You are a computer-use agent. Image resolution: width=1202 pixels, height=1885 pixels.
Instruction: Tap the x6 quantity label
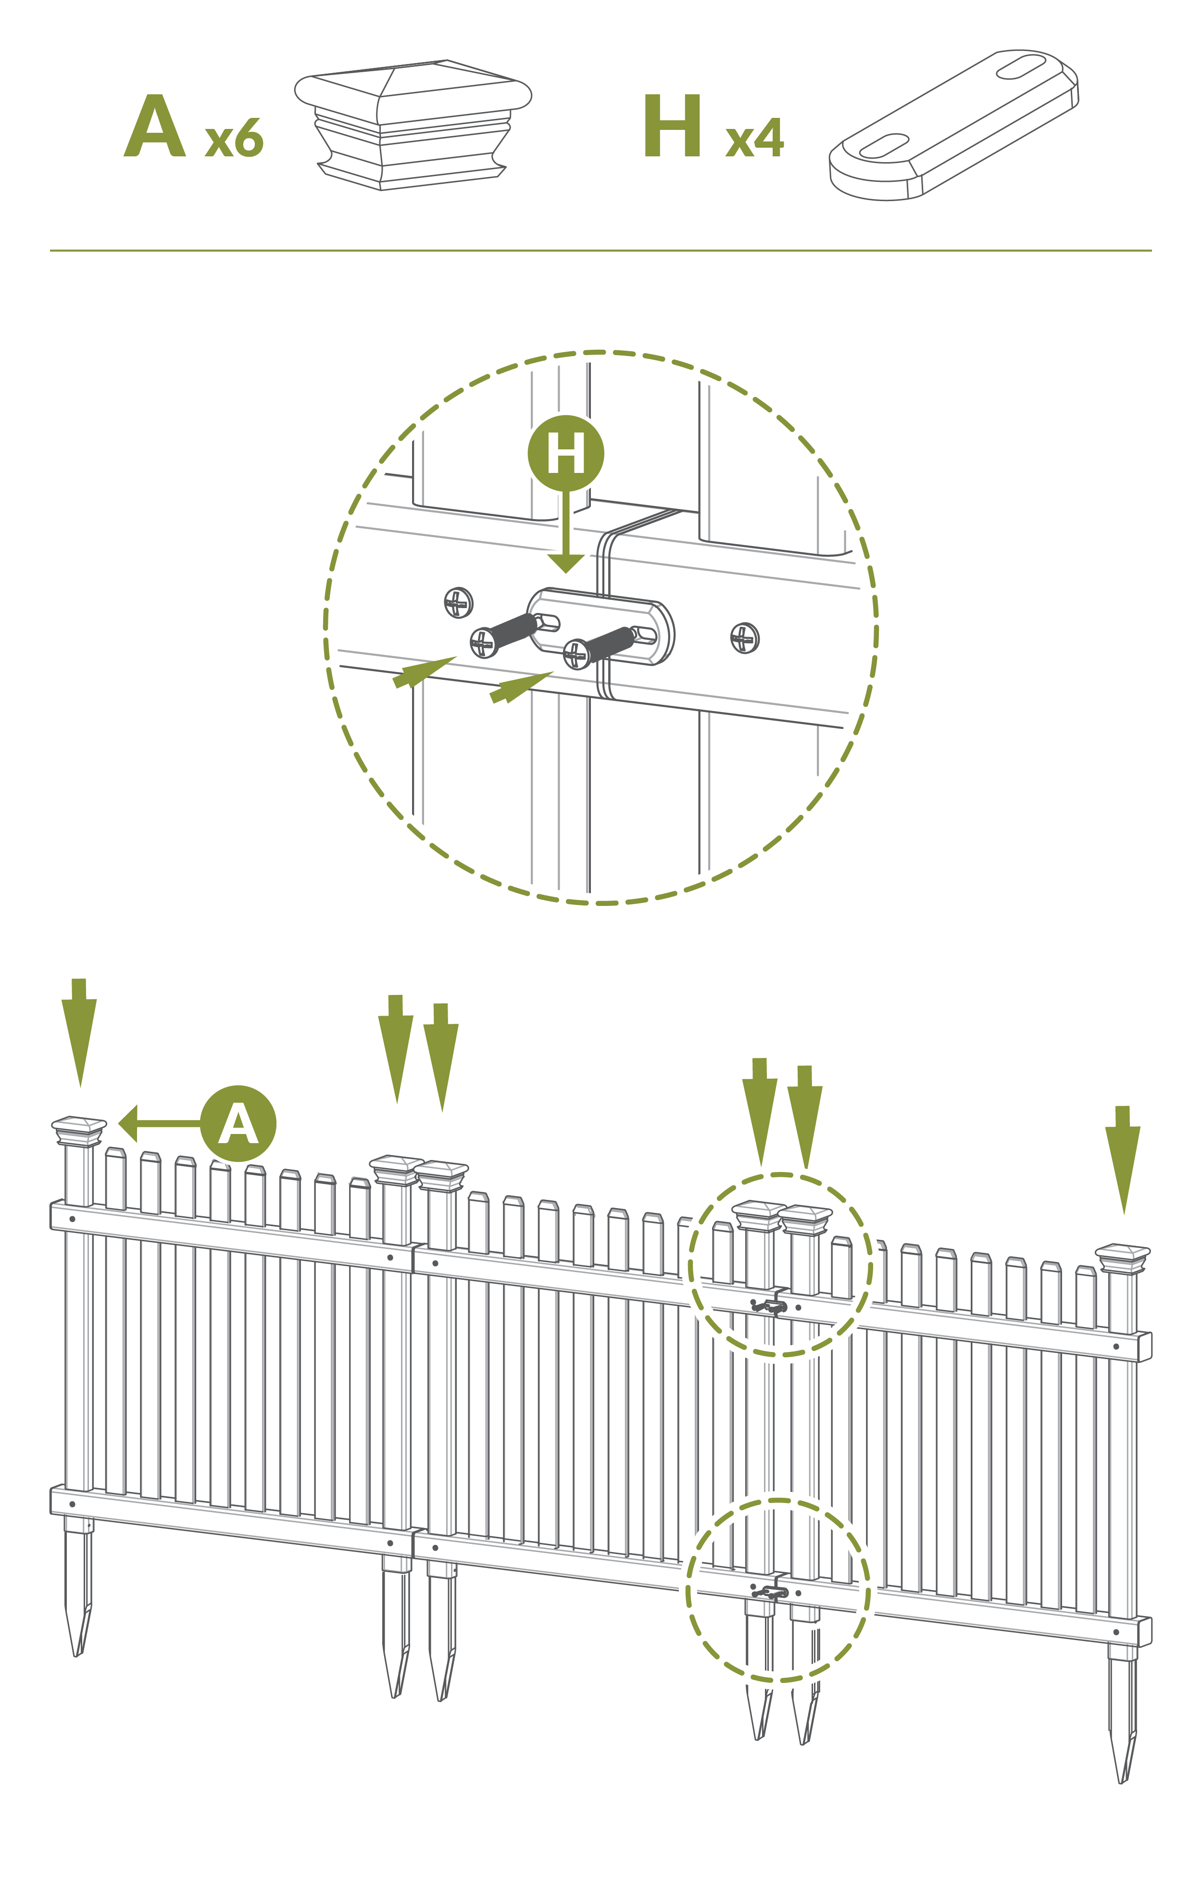pos(234,138)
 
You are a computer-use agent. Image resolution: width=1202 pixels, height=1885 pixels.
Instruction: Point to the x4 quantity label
pos(754,138)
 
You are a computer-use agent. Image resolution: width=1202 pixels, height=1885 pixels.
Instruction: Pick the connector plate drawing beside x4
pos(954,125)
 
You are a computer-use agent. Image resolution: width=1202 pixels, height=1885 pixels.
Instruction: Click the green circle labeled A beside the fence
pos(238,1123)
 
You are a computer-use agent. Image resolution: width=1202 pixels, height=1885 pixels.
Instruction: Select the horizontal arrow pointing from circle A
pos(160,1123)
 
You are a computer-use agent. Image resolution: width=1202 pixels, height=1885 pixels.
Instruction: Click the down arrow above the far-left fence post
pos(79,1032)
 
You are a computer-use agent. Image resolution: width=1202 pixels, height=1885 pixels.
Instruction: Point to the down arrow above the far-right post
pos(1123,1160)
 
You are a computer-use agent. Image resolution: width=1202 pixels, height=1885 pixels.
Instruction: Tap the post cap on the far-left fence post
pos(79,1131)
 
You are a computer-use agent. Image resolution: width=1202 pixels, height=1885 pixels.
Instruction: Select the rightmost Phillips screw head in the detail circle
pos(744,638)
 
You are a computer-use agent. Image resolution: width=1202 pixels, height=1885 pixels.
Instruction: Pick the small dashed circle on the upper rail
pos(780,1265)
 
